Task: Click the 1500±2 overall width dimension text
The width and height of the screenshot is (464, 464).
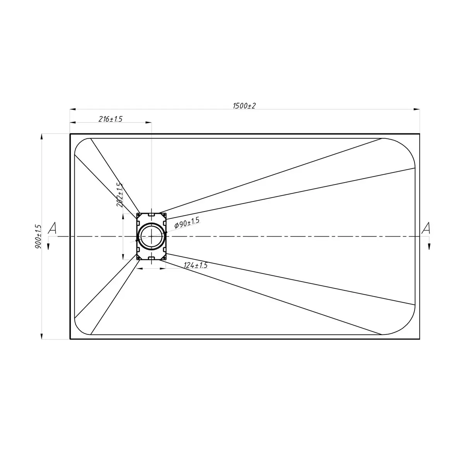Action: [x=244, y=106]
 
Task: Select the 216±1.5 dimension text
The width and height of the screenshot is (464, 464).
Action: [x=111, y=119]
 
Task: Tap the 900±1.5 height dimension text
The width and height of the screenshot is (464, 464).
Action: [x=38, y=237]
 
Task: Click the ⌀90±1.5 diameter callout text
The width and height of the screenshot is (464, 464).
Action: [x=187, y=223]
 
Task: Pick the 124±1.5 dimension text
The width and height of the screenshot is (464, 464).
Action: [x=196, y=265]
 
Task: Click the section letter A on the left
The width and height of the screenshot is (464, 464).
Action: [x=52, y=228]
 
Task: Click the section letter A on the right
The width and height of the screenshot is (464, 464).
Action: [x=426, y=228]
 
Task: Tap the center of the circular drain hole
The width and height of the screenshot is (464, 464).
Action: [x=152, y=237]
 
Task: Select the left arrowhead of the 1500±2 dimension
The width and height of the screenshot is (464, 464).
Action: [x=73, y=109]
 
